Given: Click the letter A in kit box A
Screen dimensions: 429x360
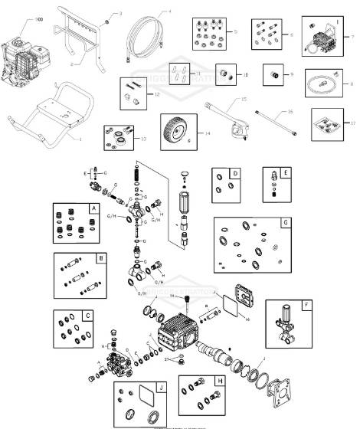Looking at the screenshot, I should [x=93, y=208].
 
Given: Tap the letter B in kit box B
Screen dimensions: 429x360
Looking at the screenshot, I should [x=100, y=259].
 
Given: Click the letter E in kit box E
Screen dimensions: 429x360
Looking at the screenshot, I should [x=286, y=172].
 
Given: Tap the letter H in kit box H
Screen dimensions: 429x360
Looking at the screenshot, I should [x=220, y=381].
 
